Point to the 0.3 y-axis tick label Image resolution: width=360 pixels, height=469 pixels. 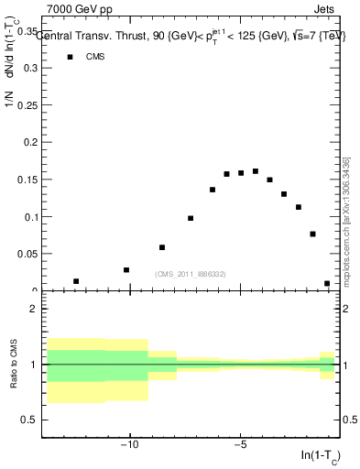[28, 68]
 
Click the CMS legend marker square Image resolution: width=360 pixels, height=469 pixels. [70, 57]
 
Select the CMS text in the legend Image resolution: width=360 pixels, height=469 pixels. [95, 57]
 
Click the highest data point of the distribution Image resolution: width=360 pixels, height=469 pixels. [256, 171]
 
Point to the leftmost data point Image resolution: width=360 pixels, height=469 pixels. [76, 281]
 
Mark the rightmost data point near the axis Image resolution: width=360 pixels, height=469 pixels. [327, 284]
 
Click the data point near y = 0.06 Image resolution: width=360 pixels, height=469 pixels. [162, 247]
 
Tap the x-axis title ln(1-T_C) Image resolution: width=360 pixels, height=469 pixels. [320, 455]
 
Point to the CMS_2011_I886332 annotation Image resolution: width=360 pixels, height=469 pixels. [190, 274]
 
